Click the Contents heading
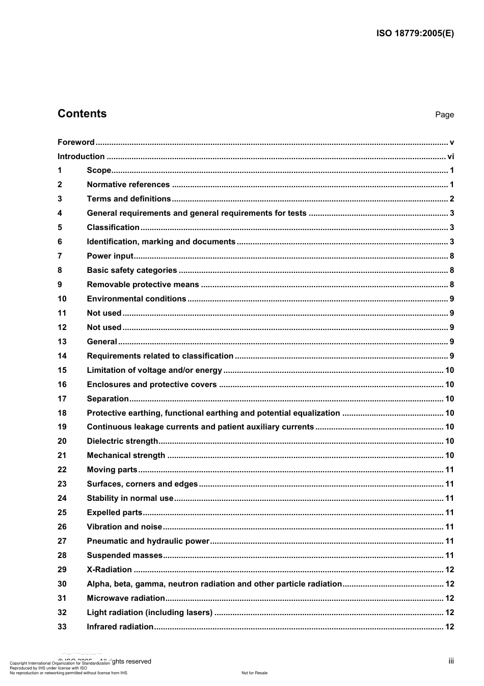[82, 114]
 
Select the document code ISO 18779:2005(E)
[415, 34]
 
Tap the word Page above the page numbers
[444, 115]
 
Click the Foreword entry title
[76, 142]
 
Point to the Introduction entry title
[81, 157]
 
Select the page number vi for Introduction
[450, 157]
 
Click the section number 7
[60, 256]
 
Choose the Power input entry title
[110, 256]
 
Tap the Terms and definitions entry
[129, 199]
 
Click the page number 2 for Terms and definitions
[451, 199]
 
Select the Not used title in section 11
[104, 313]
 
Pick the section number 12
[62, 327]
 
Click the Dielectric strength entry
[122, 441]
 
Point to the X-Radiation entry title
[109, 570]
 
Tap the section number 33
[62, 627]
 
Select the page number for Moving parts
[449, 470]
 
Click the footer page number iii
[451, 661]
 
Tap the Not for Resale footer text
[254, 673]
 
